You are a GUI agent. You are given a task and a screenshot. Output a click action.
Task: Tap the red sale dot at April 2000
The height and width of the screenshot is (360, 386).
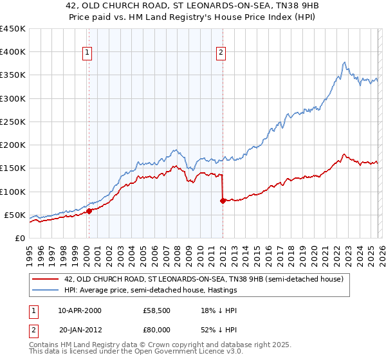(89, 210)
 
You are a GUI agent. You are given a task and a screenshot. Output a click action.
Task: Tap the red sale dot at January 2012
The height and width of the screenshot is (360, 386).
(223, 201)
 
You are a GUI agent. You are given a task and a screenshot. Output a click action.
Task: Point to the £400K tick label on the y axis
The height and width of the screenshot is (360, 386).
(13, 52)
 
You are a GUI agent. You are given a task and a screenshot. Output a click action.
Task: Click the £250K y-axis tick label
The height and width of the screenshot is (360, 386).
(13, 122)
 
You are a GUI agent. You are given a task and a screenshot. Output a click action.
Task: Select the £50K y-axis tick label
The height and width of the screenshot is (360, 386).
(15, 215)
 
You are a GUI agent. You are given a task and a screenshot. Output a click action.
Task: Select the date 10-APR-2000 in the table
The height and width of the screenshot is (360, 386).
(79, 310)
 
